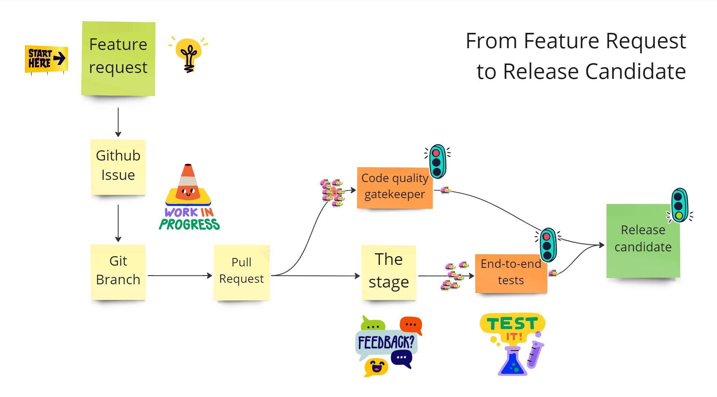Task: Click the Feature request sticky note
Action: pyautogui.click(x=118, y=58)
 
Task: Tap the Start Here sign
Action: pyautogui.click(x=46, y=59)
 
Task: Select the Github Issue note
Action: pyautogui.click(x=118, y=166)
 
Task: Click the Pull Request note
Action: pyautogui.click(x=241, y=272)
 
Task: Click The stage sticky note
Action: pyautogui.click(x=389, y=272)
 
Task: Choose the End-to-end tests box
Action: pyautogui.click(x=511, y=273)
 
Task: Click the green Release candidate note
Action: pyautogui.click(x=643, y=241)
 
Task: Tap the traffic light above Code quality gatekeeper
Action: pyautogui.click(x=437, y=161)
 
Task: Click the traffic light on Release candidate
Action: pyautogui.click(x=679, y=205)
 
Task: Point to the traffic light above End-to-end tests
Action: pyautogui.click(x=548, y=245)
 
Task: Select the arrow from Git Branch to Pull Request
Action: pyautogui.click(x=179, y=275)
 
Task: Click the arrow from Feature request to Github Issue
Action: pyautogui.click(x=118, y=122)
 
